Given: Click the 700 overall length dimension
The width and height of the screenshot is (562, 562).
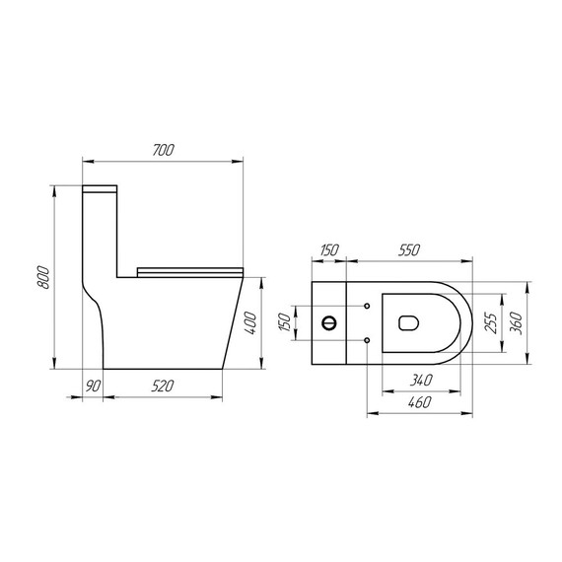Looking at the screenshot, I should tap(164, 150).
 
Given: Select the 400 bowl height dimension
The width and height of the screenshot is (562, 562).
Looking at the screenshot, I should tap(252, 321).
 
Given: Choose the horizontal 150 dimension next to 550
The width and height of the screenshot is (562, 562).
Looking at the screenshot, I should tap(327, 250).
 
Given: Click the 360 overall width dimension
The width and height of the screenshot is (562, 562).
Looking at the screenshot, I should tap(517, 321).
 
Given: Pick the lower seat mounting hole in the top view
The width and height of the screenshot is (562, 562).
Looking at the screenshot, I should tap(367, 340).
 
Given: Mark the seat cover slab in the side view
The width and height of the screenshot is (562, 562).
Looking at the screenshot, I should tap(189, 267).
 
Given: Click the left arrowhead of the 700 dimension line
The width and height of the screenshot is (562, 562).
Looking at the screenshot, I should tap(85, 160).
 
